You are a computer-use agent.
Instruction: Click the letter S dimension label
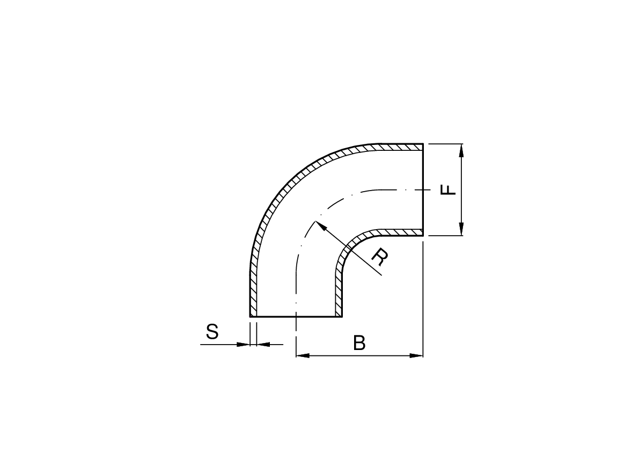click(212, 332)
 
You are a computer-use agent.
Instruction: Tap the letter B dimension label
click(359, 343)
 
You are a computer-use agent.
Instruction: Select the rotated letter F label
click(449, 189)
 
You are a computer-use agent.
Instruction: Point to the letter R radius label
click(380, 256)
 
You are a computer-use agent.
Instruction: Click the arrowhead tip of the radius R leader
click(315, 221)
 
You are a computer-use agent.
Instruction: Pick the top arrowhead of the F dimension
click(461, 144)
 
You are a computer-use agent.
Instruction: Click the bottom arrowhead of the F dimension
click(461, 235)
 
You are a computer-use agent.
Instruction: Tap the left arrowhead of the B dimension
click(296, 356)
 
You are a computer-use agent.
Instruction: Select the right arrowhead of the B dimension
click(423, 356)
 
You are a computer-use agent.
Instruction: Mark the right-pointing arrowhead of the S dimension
click(249, 345)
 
